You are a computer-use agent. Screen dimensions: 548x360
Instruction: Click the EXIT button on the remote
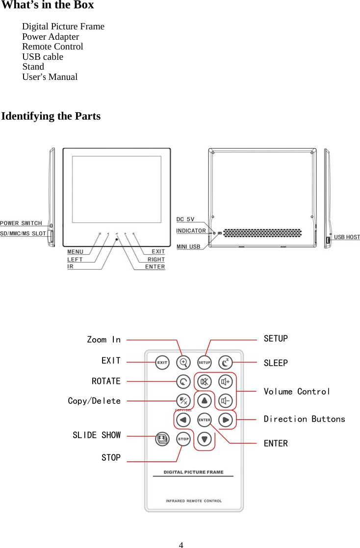pyautogui.click(x=162, y=363)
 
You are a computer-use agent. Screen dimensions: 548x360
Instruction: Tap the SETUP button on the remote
pyautogui.click(x=204, y=363)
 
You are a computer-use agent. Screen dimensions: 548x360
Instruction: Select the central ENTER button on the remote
pyautogui.click(x=204, y=420)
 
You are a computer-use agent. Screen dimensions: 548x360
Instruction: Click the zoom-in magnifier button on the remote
pyautogui.click(x=183, y=363)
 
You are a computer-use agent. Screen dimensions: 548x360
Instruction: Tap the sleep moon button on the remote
pyautogui.click(x=225, y=363)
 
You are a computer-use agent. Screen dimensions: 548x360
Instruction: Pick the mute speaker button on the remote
pyautogui.click(x=205, y=381)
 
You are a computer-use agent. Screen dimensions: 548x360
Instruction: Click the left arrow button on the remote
pyautogui.click(x=183, y=420)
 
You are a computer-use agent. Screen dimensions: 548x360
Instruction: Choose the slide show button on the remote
pyautogui.click(x=162, y=439)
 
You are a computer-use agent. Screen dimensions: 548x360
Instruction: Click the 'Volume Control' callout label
pyautogui.click(x=297, y=392)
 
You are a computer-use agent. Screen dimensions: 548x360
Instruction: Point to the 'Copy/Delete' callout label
pyautogui.click(x=94, y=401)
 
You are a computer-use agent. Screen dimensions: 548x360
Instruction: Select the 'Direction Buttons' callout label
pyautogui.click(x=304, y=419)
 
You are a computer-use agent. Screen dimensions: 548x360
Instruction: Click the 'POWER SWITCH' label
pyautogui.click(x=21, y=224)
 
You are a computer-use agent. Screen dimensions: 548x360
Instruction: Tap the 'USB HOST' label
pyautogui.click(x=347, y=237)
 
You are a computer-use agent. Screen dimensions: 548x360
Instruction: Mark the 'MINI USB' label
pyautogui.click(x=188, y=247)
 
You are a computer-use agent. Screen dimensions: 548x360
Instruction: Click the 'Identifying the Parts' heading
pyautogui.click(x=51, y=117)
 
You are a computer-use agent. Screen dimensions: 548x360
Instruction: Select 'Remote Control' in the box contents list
pyautogui.click(x=52, y=47)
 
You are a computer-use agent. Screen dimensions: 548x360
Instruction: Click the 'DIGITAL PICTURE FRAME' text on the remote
pyautogui.click(x=193, y=473)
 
